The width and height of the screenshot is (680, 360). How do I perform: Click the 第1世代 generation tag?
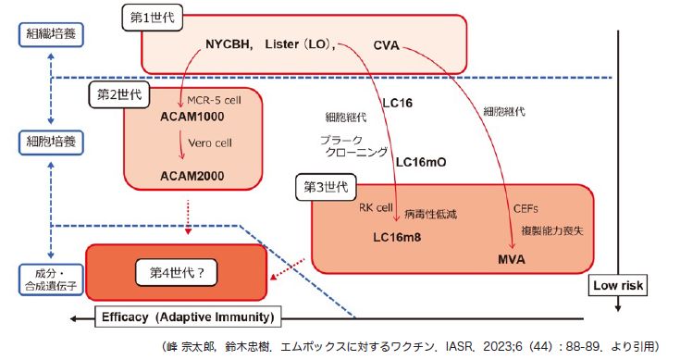pos(152,19)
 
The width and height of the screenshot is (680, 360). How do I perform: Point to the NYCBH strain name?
pos(229,44)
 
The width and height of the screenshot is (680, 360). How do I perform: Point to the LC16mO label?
pos(421,161)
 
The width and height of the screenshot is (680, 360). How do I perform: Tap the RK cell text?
pos(377,209)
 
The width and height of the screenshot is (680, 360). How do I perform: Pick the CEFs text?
pos(525,209)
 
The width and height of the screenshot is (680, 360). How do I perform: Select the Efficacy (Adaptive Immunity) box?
pos(188,317)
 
